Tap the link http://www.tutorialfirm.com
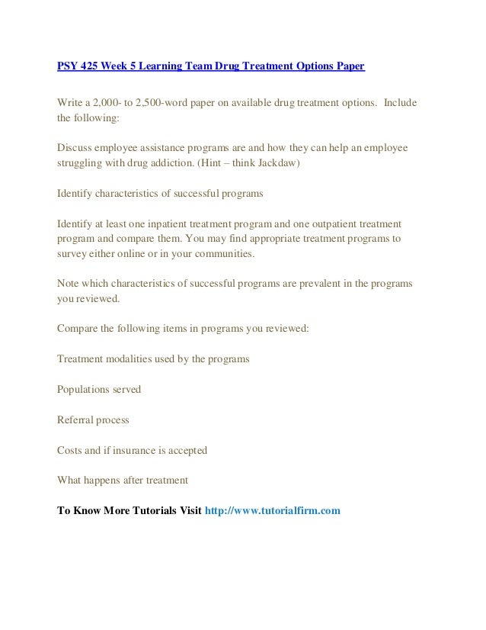[273, 510]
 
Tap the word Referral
[77, 419]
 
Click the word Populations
[85, 389]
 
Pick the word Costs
[71, 450]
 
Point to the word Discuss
[76, 147]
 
